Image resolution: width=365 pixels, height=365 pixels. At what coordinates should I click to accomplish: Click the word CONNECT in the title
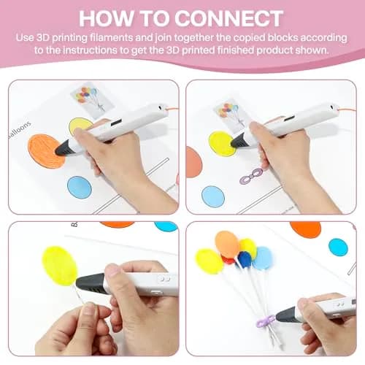[x=228, y=18]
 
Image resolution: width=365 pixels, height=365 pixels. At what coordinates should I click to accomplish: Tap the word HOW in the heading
[x=107, y=18]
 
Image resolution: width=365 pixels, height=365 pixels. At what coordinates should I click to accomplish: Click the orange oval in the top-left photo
[x=46, y=151]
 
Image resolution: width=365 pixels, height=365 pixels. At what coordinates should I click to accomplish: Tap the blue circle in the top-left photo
[x=80, y=187]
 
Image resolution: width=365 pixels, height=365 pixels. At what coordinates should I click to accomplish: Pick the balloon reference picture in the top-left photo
[x=92, y=97]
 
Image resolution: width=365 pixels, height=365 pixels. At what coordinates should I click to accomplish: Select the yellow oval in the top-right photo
[x=222, y=144]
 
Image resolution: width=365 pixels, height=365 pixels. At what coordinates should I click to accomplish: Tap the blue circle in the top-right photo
[x=213, y=196]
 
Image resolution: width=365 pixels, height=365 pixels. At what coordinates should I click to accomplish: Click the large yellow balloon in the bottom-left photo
[x=60, y=266]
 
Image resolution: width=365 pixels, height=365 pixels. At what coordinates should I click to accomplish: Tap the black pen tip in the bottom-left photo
[x=90, y=283]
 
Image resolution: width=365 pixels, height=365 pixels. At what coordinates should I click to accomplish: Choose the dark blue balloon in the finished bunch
[x=245, y=260]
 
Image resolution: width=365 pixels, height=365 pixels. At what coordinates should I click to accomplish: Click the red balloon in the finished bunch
[x=228, y=261]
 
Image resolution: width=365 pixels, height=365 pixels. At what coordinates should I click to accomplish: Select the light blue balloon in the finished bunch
[x=262, y=258]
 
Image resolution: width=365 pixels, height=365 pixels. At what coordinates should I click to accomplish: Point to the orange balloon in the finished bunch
[x=227, y=244]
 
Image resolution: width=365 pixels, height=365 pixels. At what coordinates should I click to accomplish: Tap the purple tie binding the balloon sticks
[x=266, y=321]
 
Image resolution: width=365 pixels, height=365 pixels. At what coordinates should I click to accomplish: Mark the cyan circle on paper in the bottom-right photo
[x=338, y=247]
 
